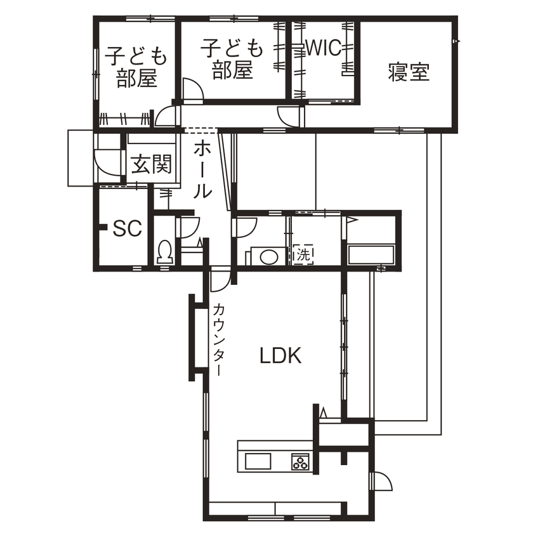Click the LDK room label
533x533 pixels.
[281, 356]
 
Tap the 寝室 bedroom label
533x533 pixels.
[409, 73]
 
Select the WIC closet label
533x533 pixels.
[323, 48]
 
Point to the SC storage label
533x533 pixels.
[127, 229]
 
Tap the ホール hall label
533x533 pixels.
[202, 169]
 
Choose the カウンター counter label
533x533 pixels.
[218, 339]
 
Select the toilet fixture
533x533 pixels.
[165, 252]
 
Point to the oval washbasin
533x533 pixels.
[268, 257]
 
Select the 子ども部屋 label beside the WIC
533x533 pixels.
[232, 59]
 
